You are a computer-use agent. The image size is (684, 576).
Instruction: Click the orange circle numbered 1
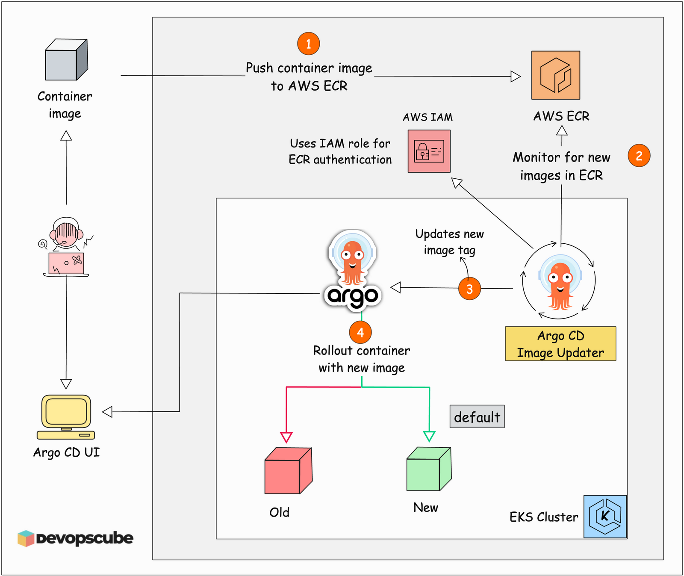tap(308, 44)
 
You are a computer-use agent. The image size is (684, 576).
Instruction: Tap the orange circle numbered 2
tap(639, 156)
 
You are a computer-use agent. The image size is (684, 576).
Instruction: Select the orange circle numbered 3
tap(469, 289)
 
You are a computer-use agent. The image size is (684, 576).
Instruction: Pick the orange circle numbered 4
tap(360, 332)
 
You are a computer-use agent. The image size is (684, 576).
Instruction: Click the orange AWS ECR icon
tap(555, 75)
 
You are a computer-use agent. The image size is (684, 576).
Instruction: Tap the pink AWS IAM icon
tap(429, 151)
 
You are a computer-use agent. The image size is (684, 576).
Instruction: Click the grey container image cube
tap(66, 60)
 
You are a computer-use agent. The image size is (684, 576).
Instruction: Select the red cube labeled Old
tap(288, 471)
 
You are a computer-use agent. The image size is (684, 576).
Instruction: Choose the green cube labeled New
tap(428, 469)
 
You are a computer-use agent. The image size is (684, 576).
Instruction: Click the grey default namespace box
tap(477, 416)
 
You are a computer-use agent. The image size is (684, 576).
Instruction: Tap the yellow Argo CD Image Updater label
tap(560, 344)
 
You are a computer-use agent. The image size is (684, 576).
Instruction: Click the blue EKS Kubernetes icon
tap(605, 516)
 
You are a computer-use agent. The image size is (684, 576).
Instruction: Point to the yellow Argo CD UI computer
tap(66, 416)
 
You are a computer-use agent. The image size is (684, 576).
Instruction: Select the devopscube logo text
tap(84, 538)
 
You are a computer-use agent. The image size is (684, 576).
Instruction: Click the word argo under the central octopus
tap(352, 295)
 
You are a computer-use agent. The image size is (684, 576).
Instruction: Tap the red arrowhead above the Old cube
tap(286, 437)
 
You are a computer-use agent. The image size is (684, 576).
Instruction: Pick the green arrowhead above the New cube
tap(429, 436)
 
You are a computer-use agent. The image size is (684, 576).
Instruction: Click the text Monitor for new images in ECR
tap(561, 166)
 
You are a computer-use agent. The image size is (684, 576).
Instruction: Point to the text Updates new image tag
tap(449, 242)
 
